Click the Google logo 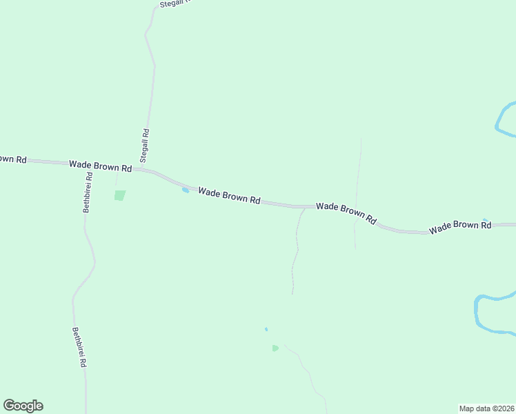pyautogui.click(x=23, y=406)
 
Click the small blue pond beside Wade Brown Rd pyautogui.click(x=185, y=190)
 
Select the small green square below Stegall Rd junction pyautogui.click(x=120, y=195)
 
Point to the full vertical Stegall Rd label pyautogui.click(x=145, y=146)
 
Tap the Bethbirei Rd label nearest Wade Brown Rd pyautogui.click(x=88, y=193)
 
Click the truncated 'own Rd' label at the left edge pyautogui.click(x=12, y=159)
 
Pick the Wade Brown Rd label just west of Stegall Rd pyautogui.click(x=100, y=166)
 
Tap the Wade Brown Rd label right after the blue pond pyautogui.click(x=229, y=197)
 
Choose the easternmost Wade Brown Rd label pyautogui.click(x=459, y=227)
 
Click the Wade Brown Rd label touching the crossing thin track pyautogui.click(x=346, y=213)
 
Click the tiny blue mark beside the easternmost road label pyautogui.click(x=486, y=220)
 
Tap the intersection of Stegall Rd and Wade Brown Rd pyautogui.click(x=143, y=168)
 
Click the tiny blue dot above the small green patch pyautogui.click(x=266, y=329)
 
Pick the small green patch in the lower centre pyautogui.click(x=275, y=348)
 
